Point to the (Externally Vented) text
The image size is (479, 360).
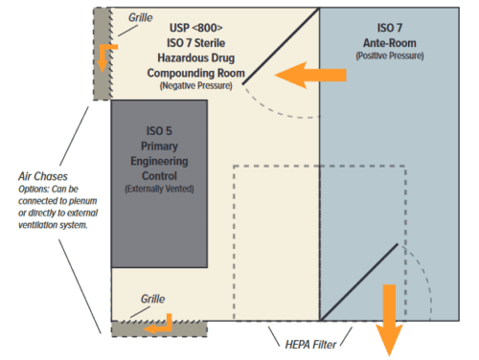[x=159, y=190]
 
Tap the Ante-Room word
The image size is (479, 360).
[x=393, y=44]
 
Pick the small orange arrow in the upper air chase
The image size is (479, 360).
[x=105, y=56]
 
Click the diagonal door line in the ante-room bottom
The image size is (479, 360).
[x=358, y=281]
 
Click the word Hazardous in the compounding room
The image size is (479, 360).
[x=180, y=58]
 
